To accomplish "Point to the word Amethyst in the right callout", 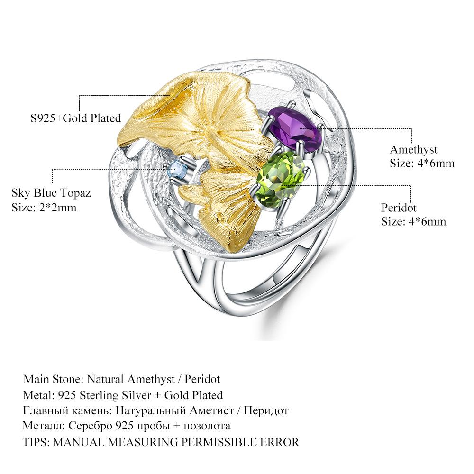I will point(413,150).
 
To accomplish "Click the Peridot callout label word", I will point(399,208).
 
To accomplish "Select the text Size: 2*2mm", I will point(44,207).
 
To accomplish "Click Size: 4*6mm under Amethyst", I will point(422,164).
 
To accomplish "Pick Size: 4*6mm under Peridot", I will point(413,221).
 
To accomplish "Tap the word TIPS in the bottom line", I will point(36,442).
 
